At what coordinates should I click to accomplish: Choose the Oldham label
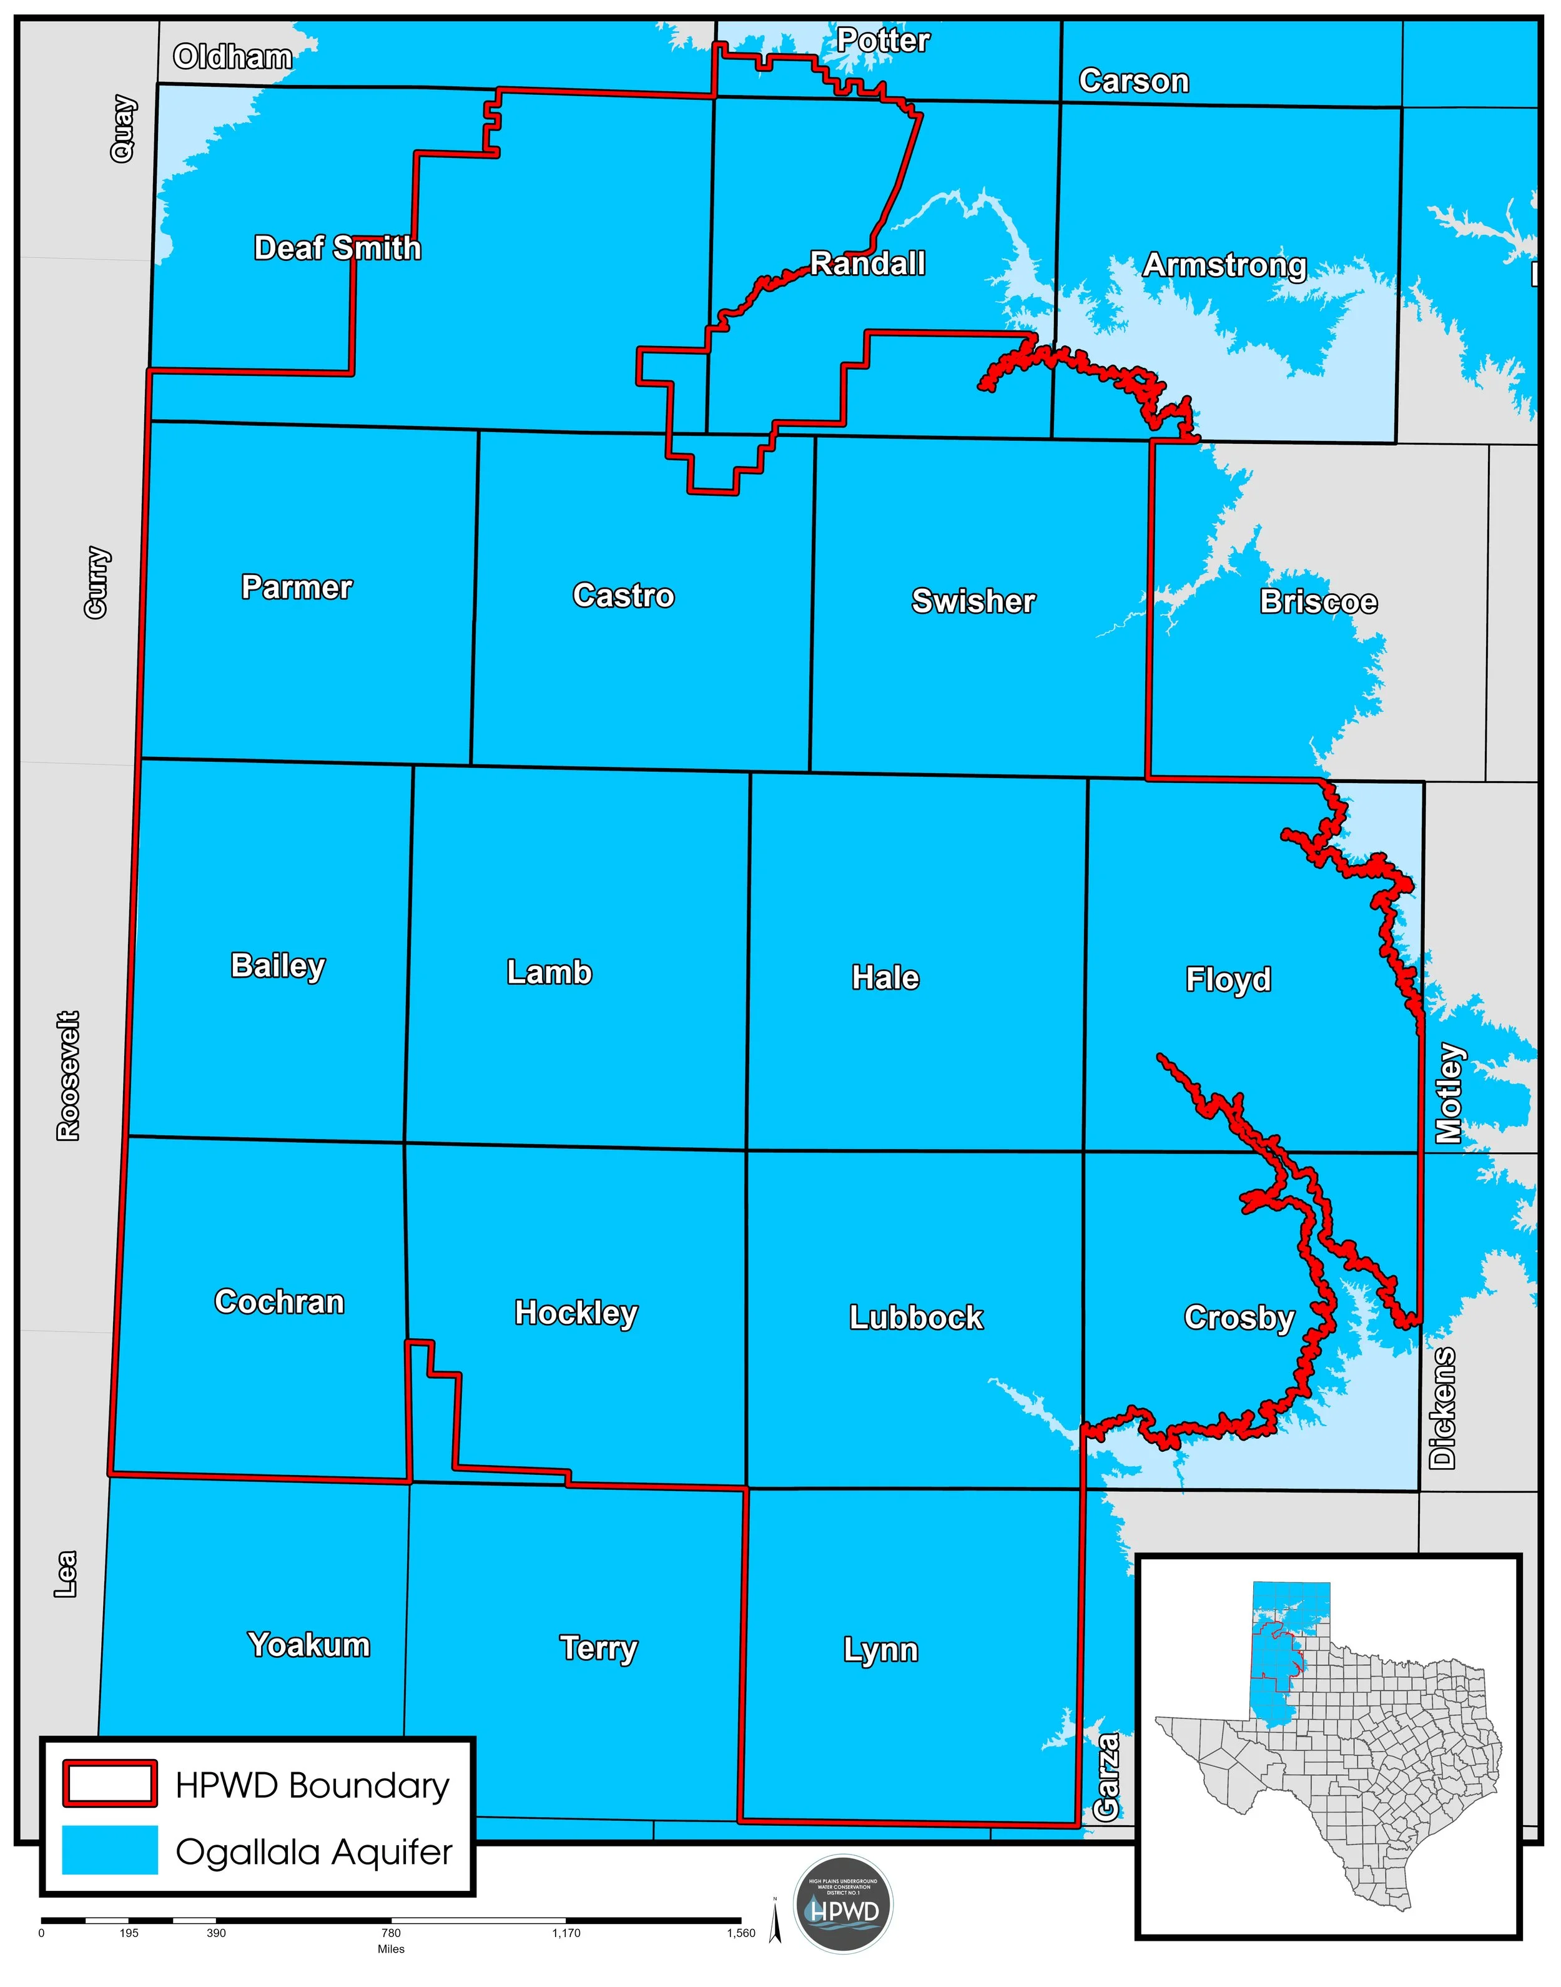point(233,57)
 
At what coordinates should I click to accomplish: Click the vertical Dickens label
point(1442,1408)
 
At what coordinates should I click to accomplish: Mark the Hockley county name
point(576,1313)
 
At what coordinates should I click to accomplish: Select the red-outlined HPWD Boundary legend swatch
point(110,1783)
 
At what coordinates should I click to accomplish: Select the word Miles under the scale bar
point(391,1949)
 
